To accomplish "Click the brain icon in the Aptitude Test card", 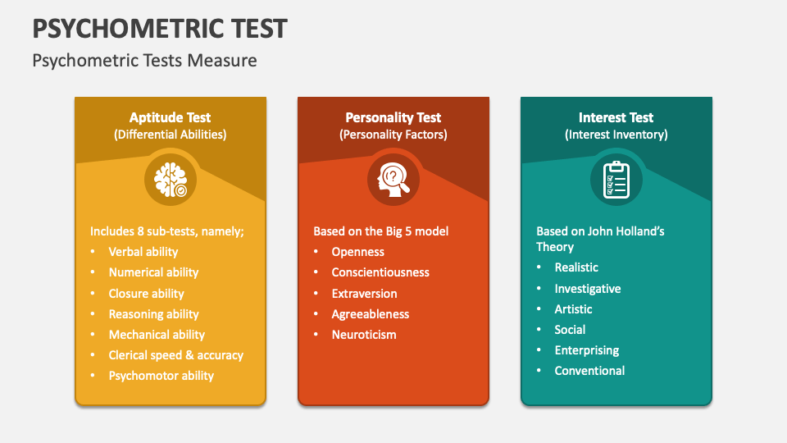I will tap(171, 180).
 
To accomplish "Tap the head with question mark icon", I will tap(393, 180).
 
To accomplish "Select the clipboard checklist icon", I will tap(616, 180).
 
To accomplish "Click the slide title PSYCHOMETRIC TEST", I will tap(160, 28).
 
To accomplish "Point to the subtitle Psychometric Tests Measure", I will tap(144, 60).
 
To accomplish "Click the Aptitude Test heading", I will tap(171, 117).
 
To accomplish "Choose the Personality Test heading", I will tap(393, 117).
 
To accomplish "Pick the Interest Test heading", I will tap(616, 117).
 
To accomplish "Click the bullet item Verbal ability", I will tap(143, 252).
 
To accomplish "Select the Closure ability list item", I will tap(147, 294).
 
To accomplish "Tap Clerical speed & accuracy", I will tap(176, 355).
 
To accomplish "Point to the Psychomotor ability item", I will tap(161, 376).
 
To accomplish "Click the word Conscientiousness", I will tap(380, 272).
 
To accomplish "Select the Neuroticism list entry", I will tap(364, 335).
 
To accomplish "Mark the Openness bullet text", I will tap(358, 252).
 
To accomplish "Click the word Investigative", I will tap(588, 289).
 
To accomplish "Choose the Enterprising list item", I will tap(587, 350).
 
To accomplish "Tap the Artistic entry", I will tap(574, 309).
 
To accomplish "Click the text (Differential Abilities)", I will tap(171, 135).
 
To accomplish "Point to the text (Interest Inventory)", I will tap(616, 135).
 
